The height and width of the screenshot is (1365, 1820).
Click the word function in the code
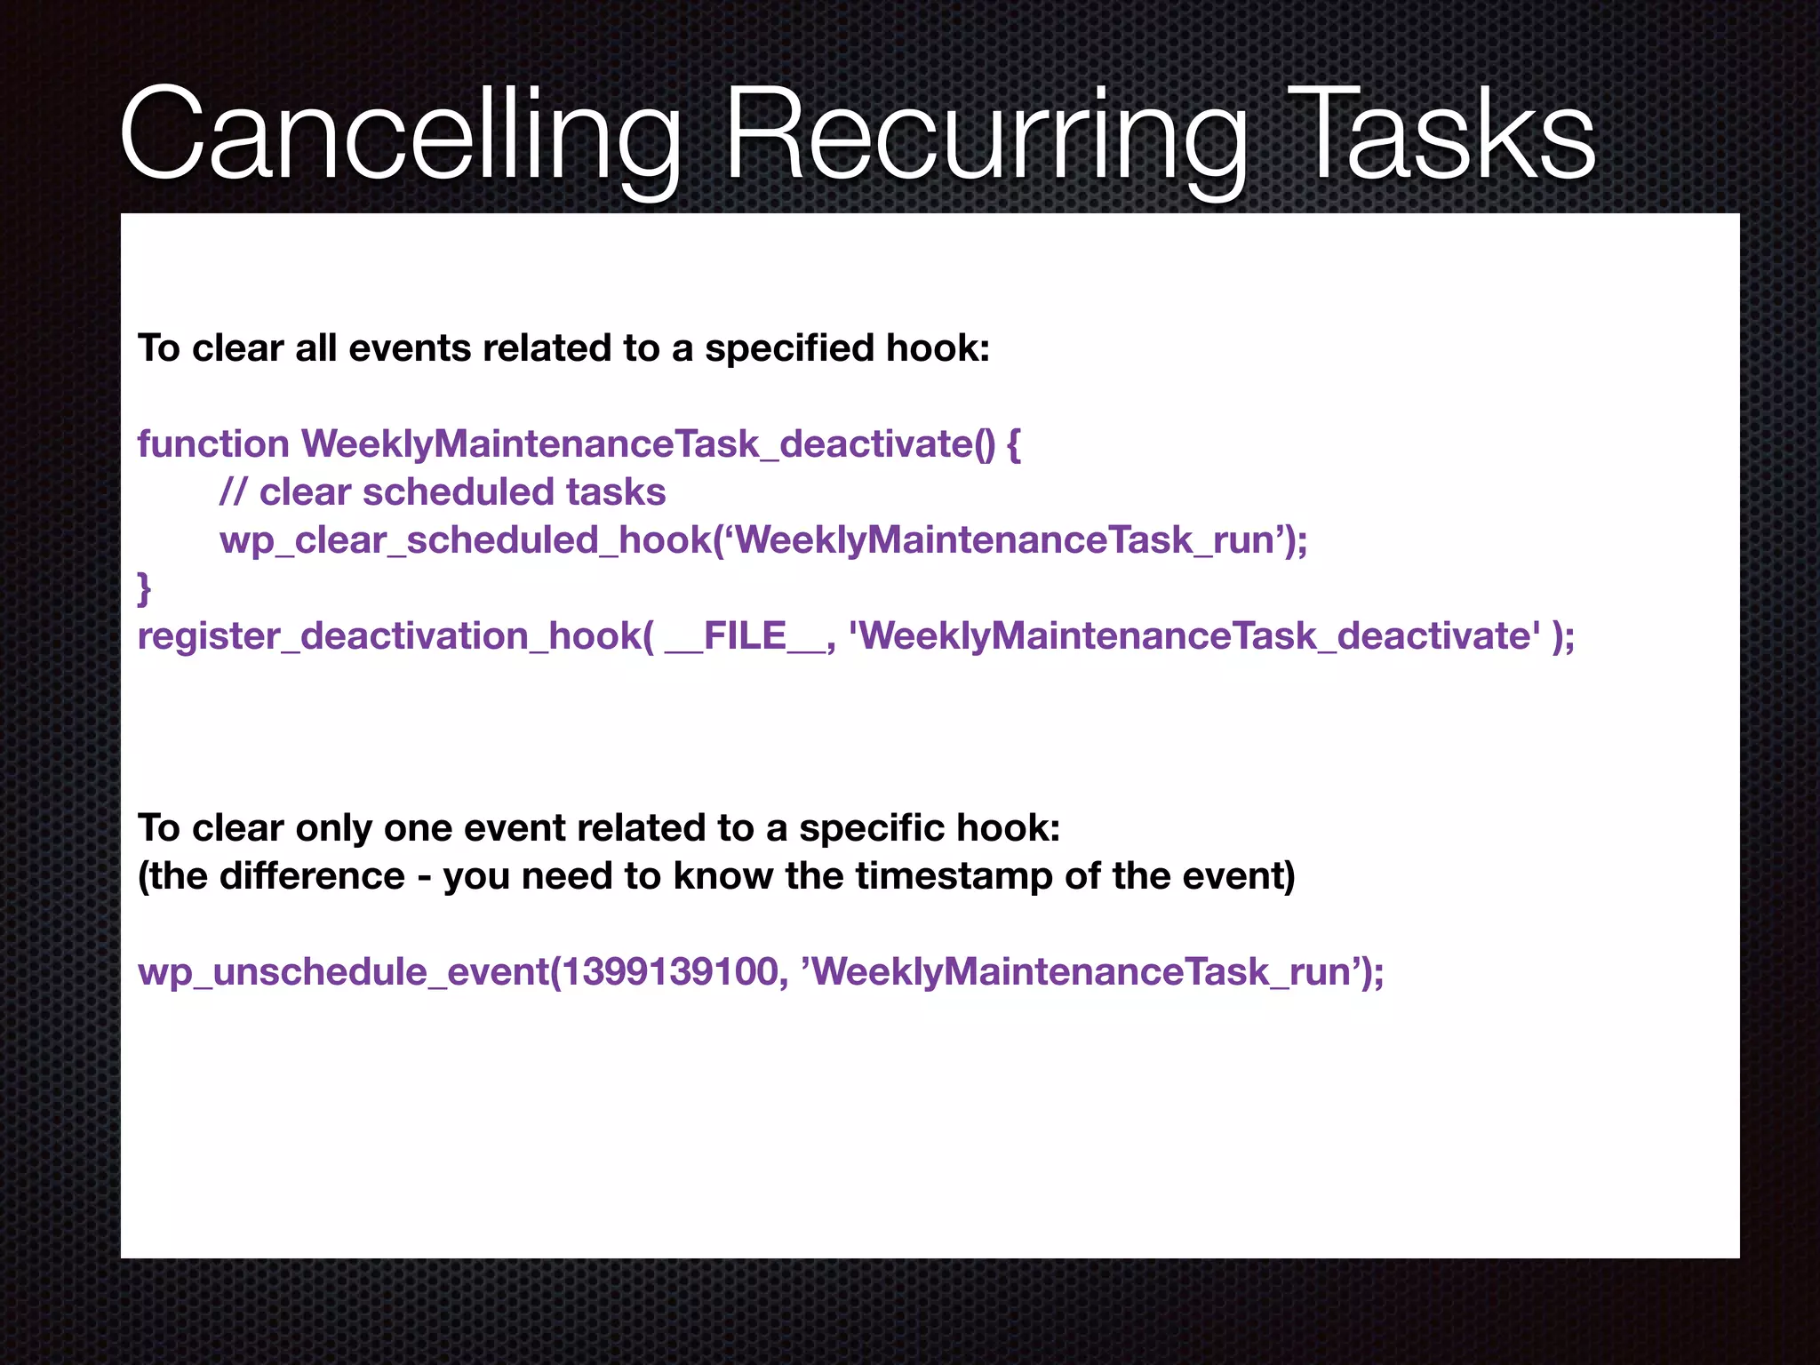pyautogui.click(x=213, y=444)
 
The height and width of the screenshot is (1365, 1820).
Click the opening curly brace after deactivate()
pyautogui.click(x=1013, y=444)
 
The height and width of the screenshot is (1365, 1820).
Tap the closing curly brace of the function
pyautogui.click(x=144, y=588)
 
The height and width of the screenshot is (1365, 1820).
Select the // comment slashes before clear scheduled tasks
pyautogui.click(x=233, y=492)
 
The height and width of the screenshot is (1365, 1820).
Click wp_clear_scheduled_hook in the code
pyautogui.click(x=466, y=540)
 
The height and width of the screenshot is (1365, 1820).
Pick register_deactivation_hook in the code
pyautogui.click(x=388, y=636)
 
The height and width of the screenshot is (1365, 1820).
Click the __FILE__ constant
pyautogui.click(x=745, y=636)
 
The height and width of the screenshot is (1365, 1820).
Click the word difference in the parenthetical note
pyautogui.click(x=312, y=876)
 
